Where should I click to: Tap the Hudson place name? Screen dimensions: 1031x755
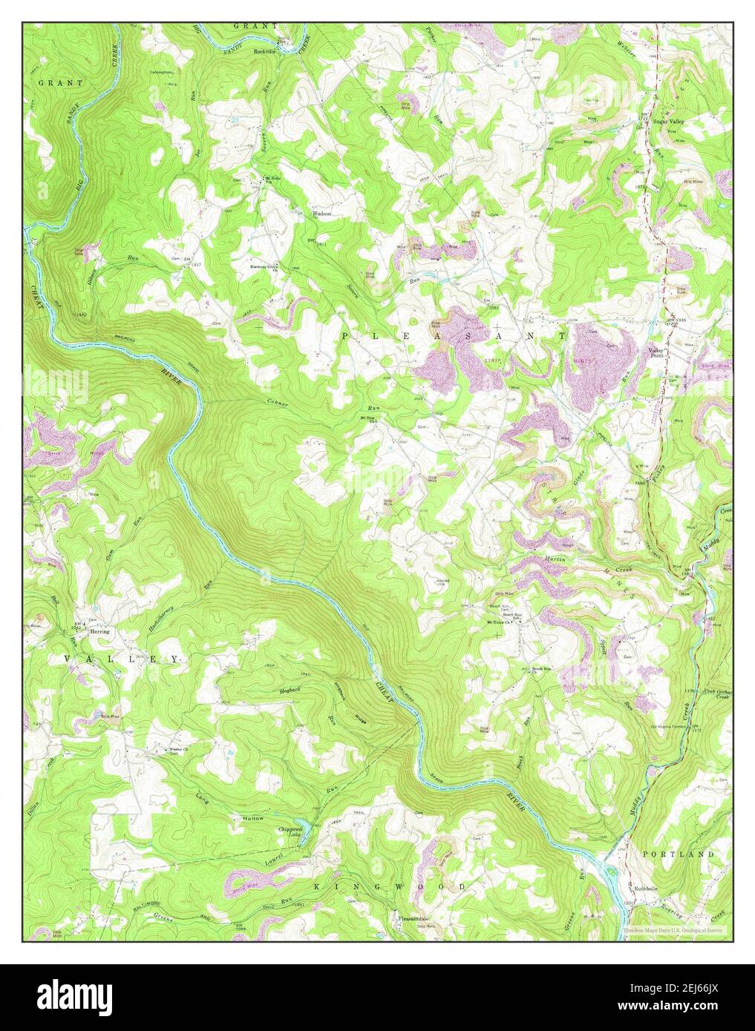tap(321, 213)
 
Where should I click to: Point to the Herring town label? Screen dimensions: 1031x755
tap(99, 632)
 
